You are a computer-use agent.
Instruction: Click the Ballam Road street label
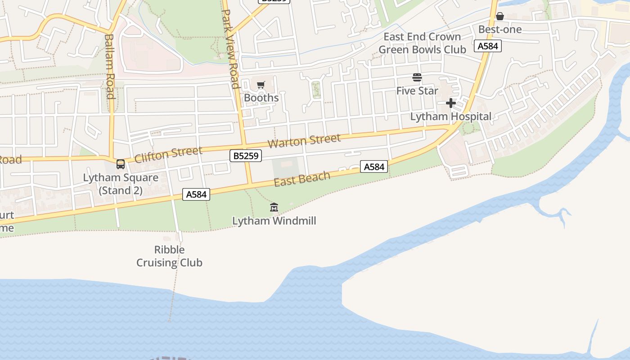[109, 66]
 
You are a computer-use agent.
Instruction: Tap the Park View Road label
[230, 49]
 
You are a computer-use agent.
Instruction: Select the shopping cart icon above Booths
[261, 85]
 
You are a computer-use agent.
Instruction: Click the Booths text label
[261, 98]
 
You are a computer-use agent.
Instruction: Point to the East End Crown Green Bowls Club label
[422, 43]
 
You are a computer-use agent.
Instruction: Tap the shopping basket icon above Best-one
[499, 17]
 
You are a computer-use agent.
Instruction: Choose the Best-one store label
[499, 30]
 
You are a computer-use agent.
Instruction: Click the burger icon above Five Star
[417, 77]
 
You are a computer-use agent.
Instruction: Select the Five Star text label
[417, 91]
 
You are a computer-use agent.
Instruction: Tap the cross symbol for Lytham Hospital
[450, 103]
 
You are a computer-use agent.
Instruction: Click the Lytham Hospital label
[450, 117]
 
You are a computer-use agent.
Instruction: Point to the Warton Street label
[304, 141]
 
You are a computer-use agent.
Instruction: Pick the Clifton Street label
[168, 155]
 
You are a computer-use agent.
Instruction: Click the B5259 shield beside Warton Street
[245, 156]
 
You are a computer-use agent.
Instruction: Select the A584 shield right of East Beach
[374, 167]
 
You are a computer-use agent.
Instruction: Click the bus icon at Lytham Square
[121, 164]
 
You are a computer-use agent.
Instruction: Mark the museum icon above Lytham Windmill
[274, 207]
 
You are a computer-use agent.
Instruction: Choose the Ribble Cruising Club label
[169, 256]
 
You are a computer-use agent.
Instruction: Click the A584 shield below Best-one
[488, 46]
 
